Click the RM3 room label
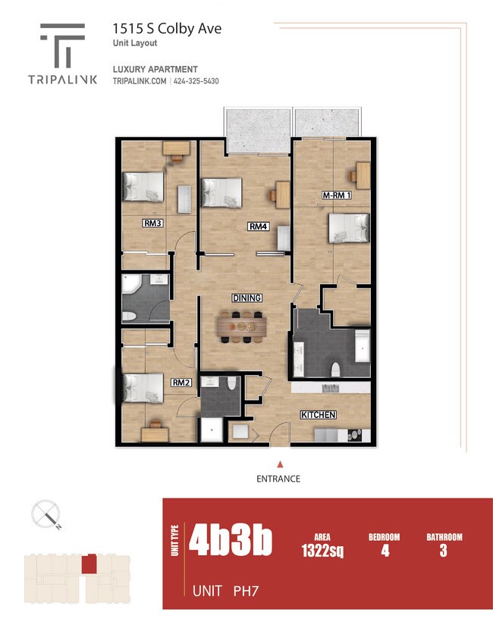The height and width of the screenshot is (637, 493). coord(153,223)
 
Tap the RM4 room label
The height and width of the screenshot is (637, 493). coord(259,226)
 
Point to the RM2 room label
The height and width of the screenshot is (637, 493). coord(180,383)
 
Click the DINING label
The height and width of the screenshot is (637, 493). coord(247,298)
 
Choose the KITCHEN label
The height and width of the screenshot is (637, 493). coord(319,415)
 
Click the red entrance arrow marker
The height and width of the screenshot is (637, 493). coord(280,464)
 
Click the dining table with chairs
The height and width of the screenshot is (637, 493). coord(241,324)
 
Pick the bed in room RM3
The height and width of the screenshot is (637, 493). coord(144,186)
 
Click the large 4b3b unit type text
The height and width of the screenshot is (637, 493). coord(230,541)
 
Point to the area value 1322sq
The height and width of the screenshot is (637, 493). coord(322,551)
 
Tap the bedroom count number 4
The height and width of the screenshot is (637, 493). coord(385,551)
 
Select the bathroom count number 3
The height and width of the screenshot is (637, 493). coord(443,551)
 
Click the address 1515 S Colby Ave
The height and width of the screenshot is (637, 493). coord(167,29)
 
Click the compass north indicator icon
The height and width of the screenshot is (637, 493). coord(46,515)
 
